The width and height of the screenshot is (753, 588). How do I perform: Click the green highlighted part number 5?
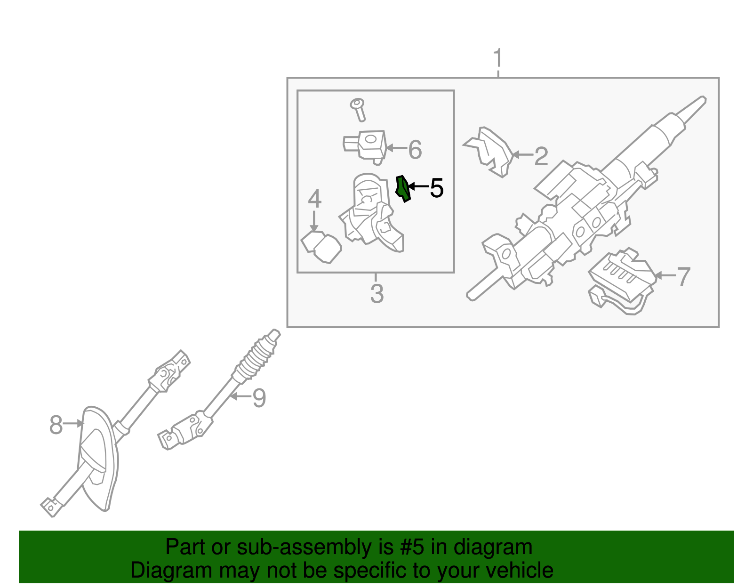tap(403, 188)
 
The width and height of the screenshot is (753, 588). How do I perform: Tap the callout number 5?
tap(437, 188)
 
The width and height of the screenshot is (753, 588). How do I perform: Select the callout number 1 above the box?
tap(498, 59)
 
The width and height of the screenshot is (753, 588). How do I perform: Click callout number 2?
tap(541, 156)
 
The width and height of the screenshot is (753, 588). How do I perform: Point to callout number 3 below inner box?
tap(377, 294)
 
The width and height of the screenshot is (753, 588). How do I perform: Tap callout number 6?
tap(415, 150)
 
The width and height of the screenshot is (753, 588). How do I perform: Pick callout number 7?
tap(683, 277)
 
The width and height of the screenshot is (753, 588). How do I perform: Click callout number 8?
tap(56, 425)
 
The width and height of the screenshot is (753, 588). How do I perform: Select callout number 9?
tap(259, 398)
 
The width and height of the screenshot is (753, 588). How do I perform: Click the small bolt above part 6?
tap(359, 109)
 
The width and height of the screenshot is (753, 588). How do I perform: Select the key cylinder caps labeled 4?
tap(321, 246)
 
